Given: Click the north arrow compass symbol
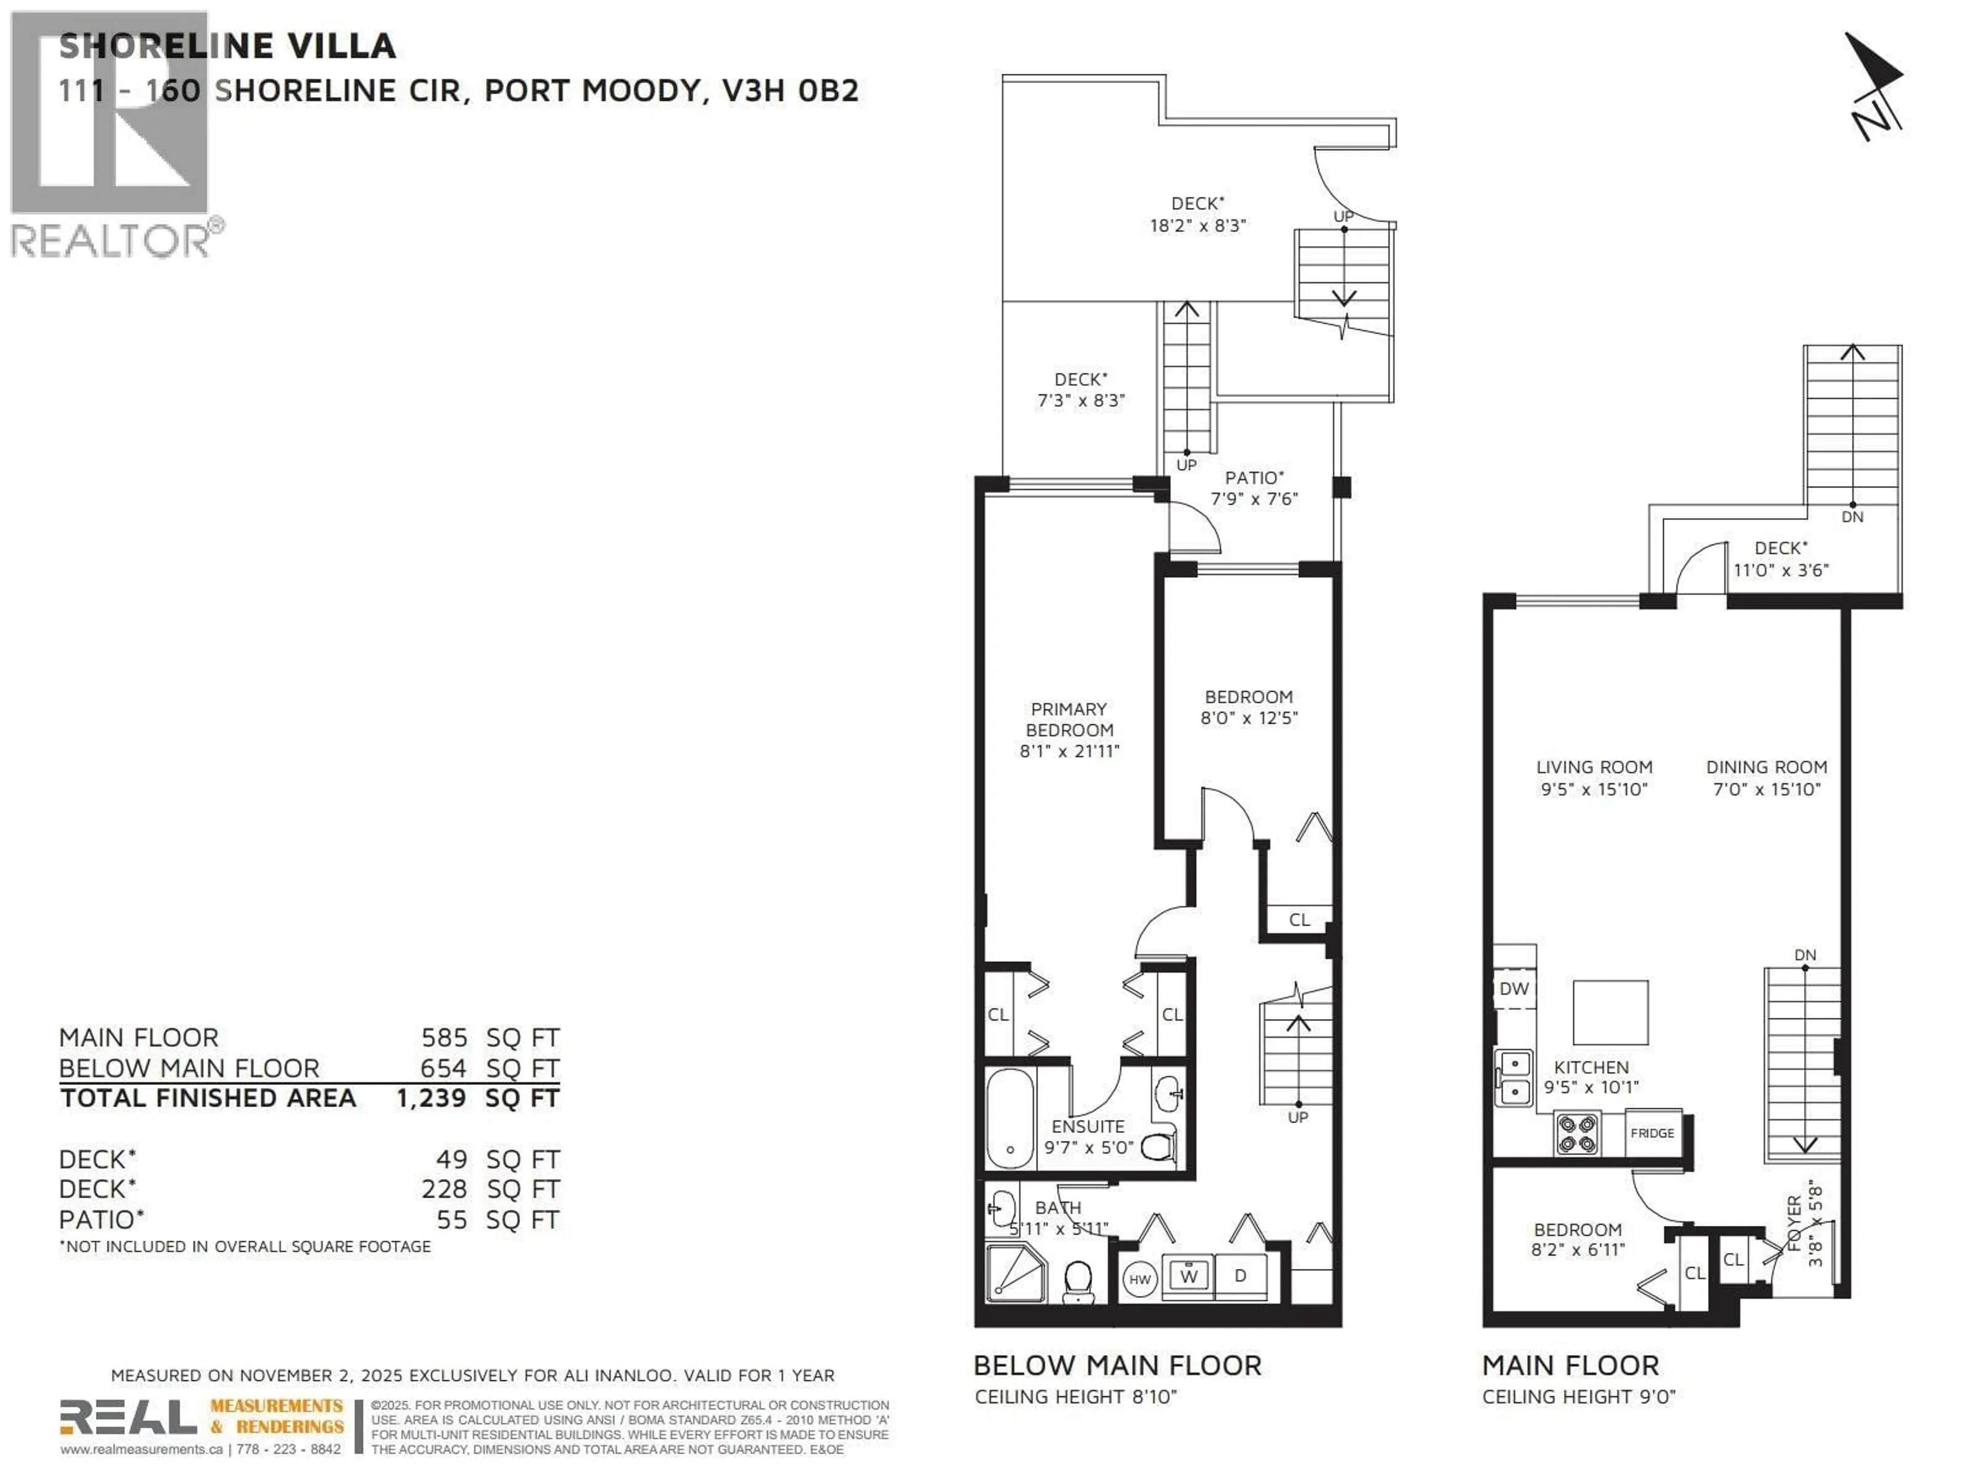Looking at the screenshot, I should coord(1876,87).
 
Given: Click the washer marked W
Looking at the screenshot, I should coord(1189,1276).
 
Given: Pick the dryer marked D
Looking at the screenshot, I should coord(1240,1276).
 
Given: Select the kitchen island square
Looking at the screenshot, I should coord(1610,1012).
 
